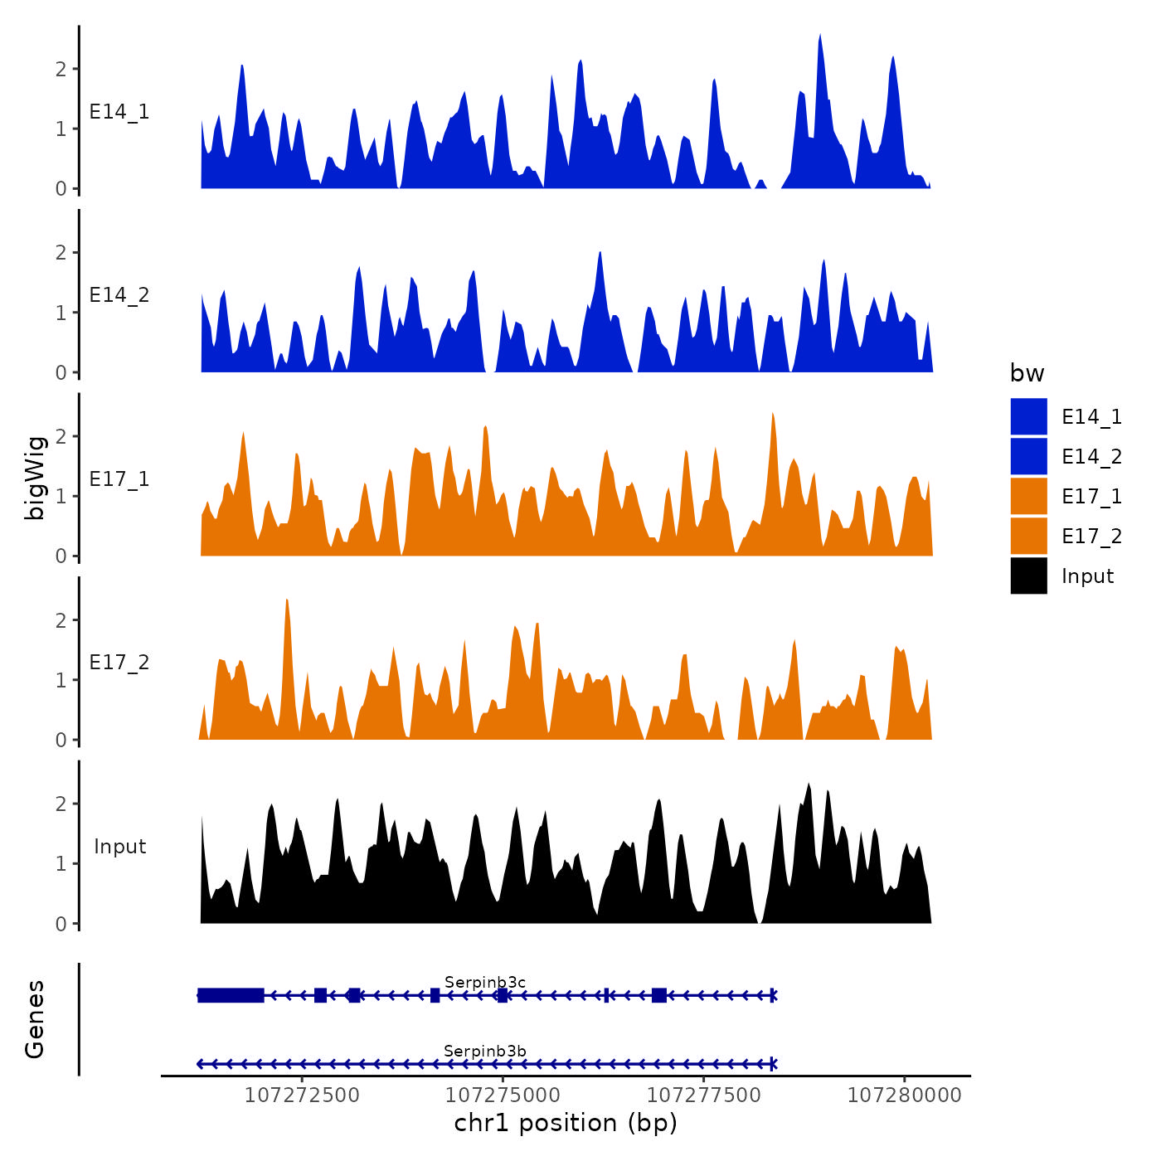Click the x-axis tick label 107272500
(302, 1095)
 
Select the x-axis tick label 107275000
(503, 1095)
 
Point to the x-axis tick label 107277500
(703, 1095)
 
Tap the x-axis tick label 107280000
(904, 1095)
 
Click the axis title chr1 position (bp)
(566, 1123)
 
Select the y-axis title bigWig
(35, 478)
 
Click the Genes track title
(35, 1019)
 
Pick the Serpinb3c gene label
(485, 983)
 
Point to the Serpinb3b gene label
(485, 1052)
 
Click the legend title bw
(1027, 373)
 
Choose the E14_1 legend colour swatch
(1028, 416)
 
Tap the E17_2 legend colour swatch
(1028, 536)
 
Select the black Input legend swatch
(1028, 576)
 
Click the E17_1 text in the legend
(1091, 496)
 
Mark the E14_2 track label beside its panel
(119, 295)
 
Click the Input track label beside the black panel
(119, 847)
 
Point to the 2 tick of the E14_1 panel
(61, 69)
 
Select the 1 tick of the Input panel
(61, 864)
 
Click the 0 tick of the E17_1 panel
(61, 556)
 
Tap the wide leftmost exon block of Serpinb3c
(231, 995)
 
